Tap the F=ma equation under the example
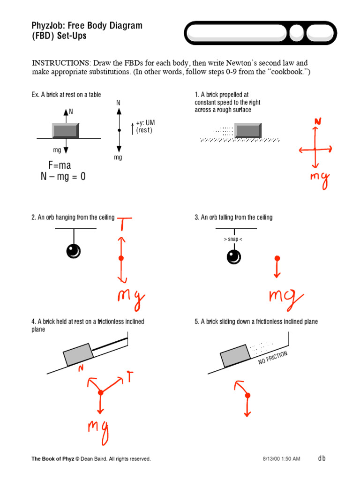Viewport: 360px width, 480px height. tap(60, 165)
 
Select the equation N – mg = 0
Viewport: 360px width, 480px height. tap(63, 177)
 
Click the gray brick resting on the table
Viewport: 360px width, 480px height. tap(66, 130)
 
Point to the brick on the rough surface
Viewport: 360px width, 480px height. tap(247, 130)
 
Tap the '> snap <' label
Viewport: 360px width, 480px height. tap(233, 240)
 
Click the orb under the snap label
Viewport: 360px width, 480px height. tap(234, 256)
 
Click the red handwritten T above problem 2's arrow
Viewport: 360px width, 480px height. tap(122, 225)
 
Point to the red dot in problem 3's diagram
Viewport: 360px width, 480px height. tap(277, 258)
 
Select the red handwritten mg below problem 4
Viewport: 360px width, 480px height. tap(99, 429)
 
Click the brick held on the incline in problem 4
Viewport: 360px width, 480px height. tap(78, 354)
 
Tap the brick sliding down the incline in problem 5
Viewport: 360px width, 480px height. tap(236, 355)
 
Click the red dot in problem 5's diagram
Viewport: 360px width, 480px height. tap(247, 395)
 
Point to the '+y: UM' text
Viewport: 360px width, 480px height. tap(145, 123)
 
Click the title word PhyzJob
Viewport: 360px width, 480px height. tap(47, 25)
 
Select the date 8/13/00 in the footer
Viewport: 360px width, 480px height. tap(272, 459)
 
